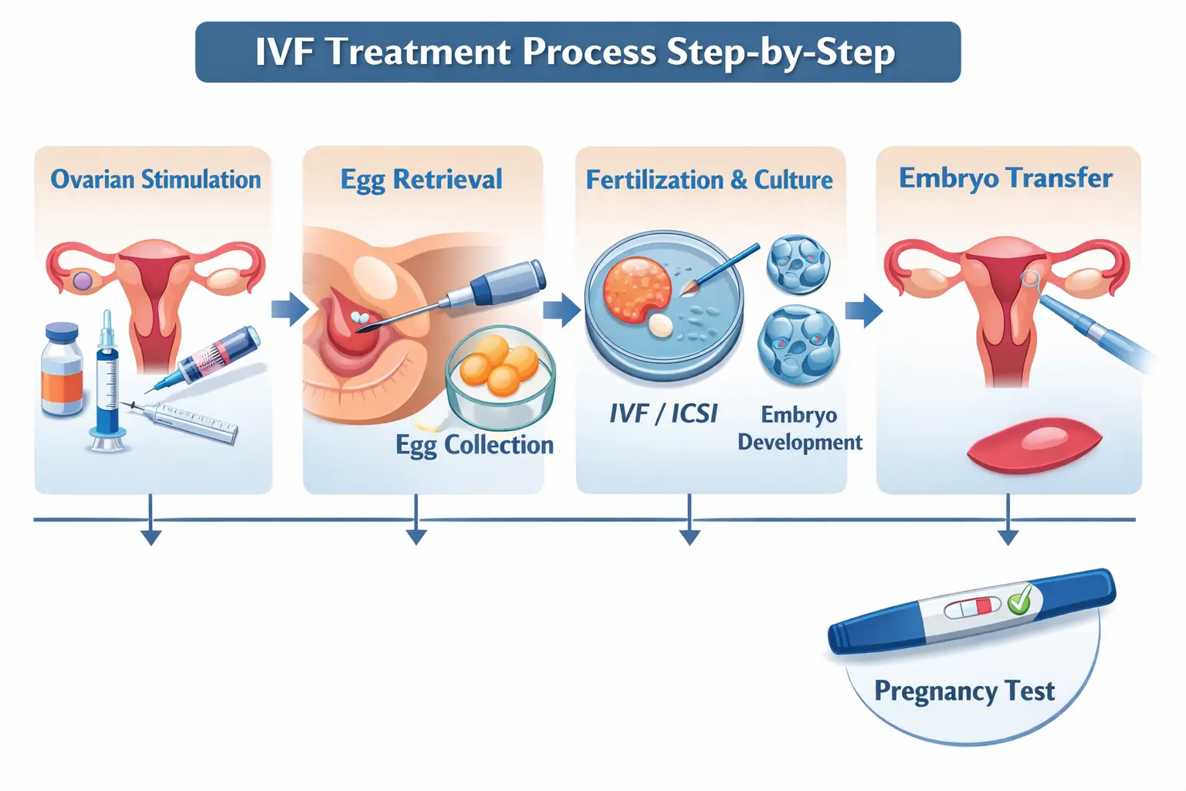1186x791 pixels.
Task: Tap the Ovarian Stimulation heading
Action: coord(155,179)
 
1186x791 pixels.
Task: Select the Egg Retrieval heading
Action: coord(422,179)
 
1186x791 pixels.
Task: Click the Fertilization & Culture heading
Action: coord(709,180)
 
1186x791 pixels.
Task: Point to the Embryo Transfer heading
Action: coord(1005,178)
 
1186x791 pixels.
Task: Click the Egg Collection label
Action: coord(474,445)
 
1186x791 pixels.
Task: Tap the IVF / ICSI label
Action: coord(663,414)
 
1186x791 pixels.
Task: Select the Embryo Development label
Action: coord(800,428)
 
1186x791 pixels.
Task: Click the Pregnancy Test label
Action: coord(964,691)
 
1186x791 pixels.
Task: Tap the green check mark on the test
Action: coord(1020,598)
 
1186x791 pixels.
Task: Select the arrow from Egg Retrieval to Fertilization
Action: coord(561,310)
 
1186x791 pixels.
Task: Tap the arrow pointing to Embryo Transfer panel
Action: coord(863,311)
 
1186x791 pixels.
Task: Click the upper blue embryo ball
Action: coord(798,265)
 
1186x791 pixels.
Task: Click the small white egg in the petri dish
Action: coord(659,325)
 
